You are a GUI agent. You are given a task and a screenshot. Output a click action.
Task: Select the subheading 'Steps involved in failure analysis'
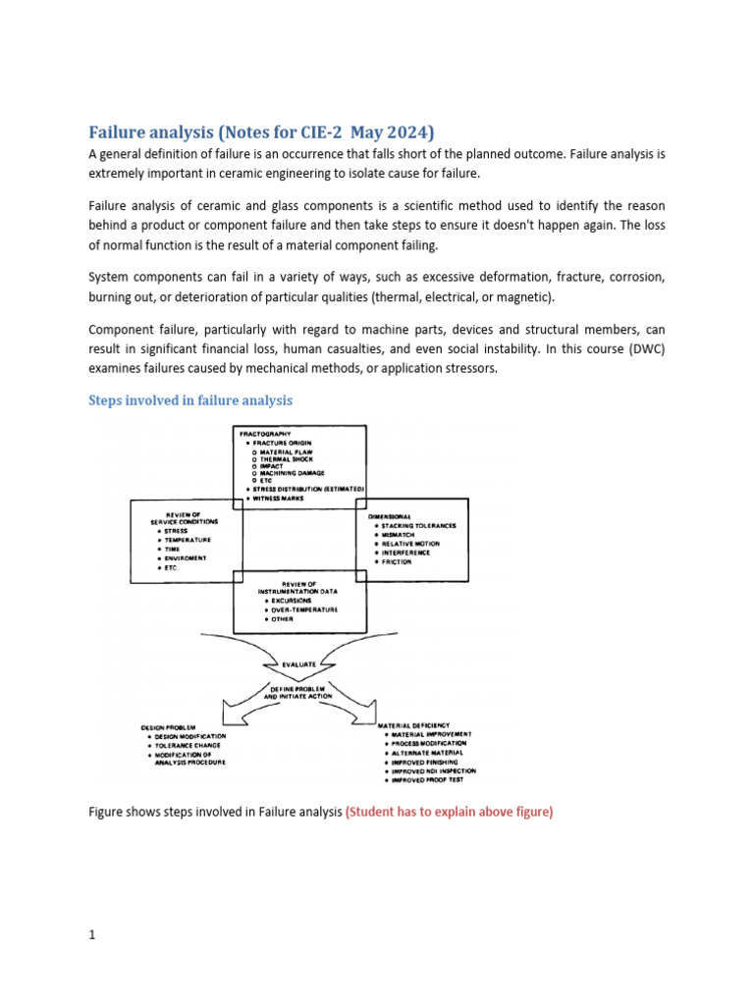(x=190, y=400)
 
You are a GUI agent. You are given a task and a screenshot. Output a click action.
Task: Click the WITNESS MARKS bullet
(x=283, y=499)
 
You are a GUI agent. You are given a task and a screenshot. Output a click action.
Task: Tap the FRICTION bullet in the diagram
(x=397, y=562)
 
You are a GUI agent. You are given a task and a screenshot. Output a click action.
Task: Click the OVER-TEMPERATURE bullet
(x=305, y=609)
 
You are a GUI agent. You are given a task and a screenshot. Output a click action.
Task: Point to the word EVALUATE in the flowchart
(x=299, y=663)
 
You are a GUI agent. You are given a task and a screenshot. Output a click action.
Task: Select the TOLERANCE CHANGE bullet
(x=189, y=745)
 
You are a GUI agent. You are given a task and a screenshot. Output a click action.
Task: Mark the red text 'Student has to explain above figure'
(x=449, y=812)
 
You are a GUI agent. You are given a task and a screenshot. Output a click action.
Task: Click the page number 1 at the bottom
(x=92, y=935)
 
